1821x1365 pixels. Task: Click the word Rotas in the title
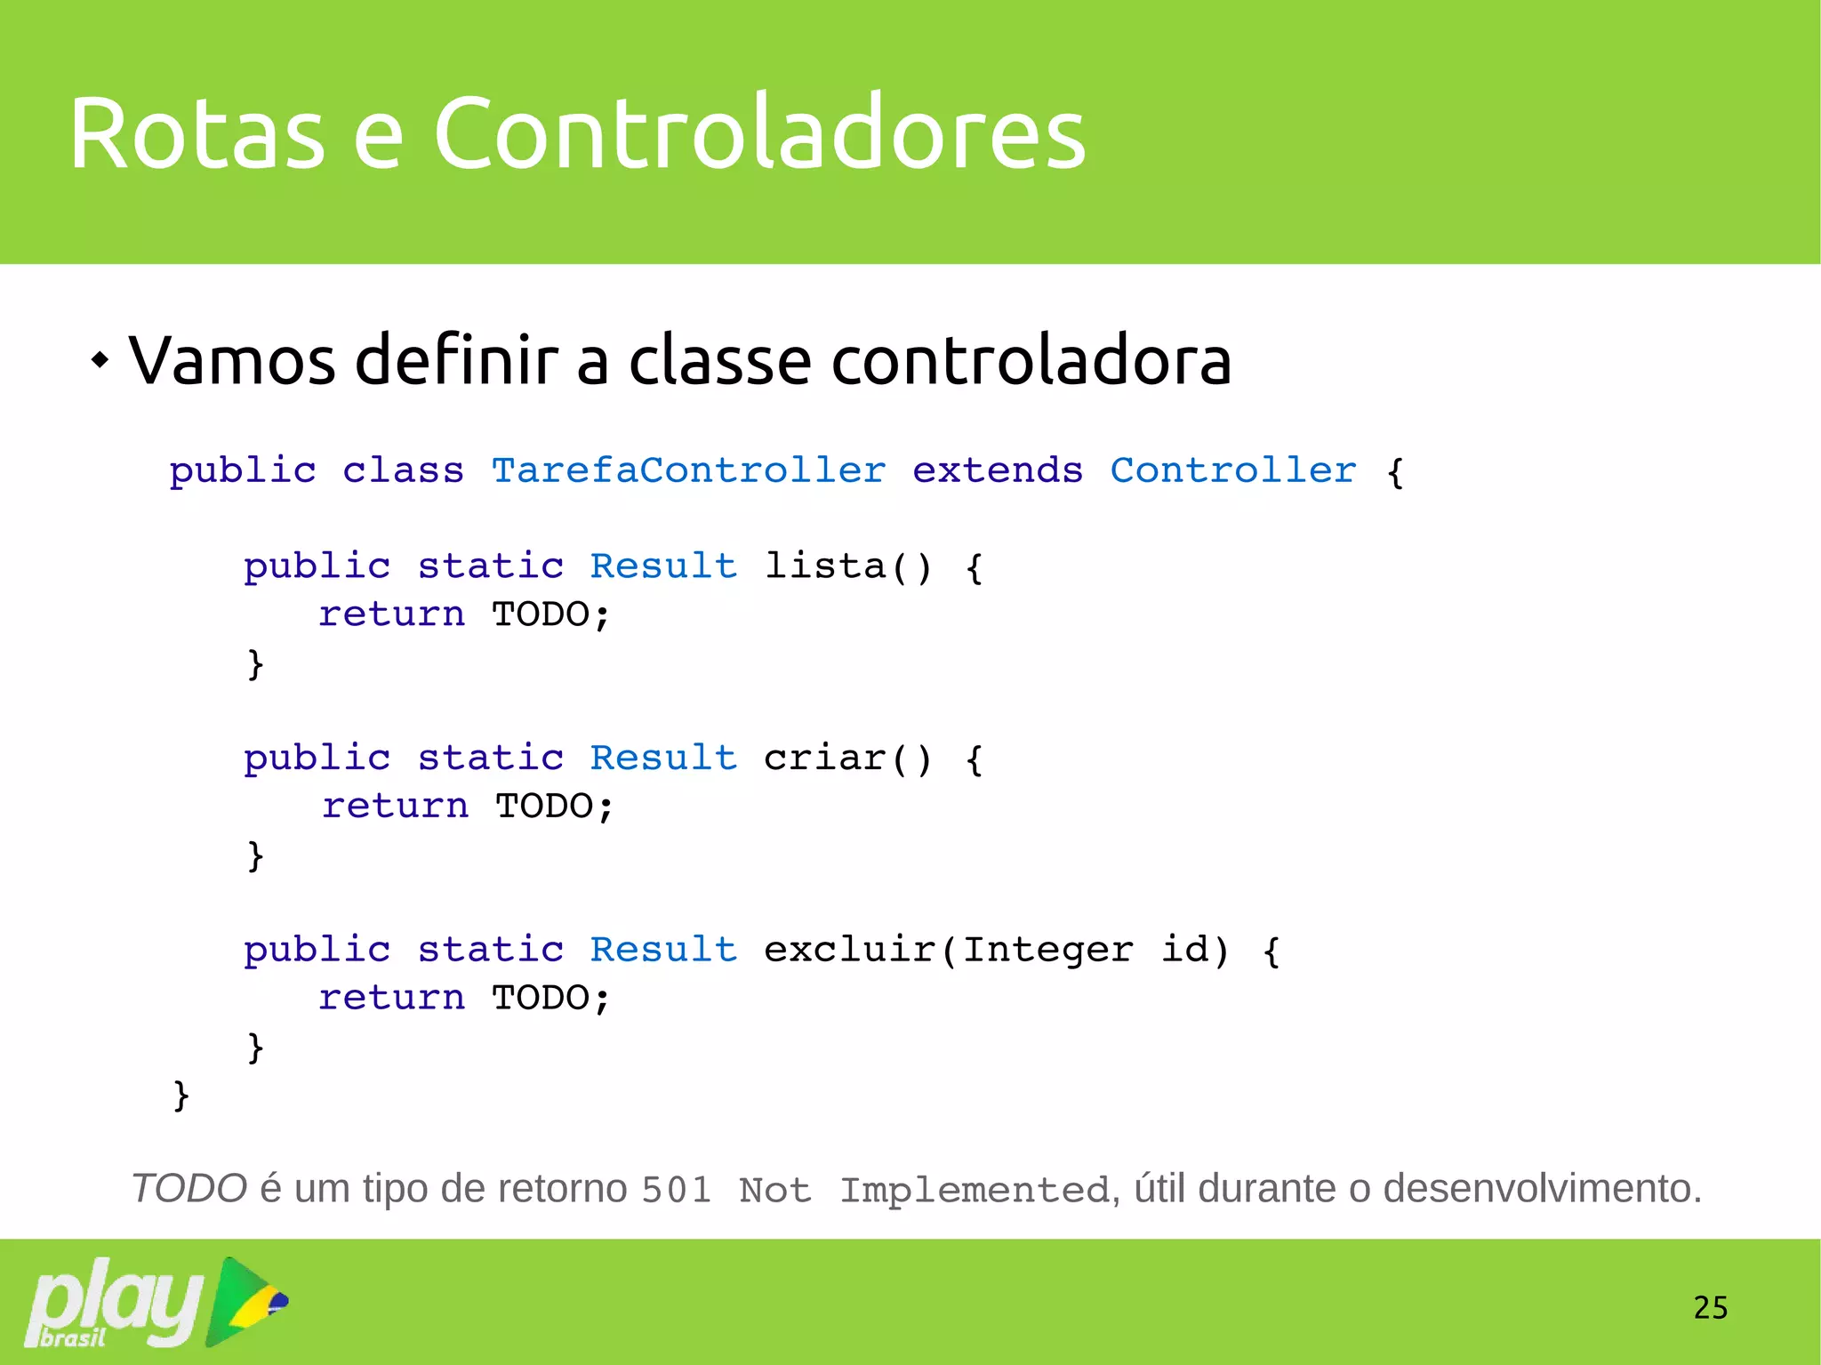197,133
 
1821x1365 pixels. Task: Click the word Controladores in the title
759,133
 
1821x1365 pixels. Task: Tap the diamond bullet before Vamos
100,361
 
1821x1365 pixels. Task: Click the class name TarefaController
688,470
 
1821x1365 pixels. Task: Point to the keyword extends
997,470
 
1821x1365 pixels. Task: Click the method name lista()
847,566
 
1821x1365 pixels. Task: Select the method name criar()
847,759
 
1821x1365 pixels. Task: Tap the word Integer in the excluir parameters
1047,950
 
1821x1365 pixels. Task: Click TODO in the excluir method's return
541,998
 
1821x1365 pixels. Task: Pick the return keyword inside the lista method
391,614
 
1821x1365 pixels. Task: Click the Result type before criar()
663,759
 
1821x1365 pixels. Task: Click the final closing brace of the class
181,1095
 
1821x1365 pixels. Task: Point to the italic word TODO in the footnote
189,1189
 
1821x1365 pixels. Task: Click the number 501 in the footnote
677,1191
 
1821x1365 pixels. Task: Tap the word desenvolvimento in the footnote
1542,1189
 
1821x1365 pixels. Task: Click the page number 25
1710,1307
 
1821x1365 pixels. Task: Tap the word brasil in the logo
73,1337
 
